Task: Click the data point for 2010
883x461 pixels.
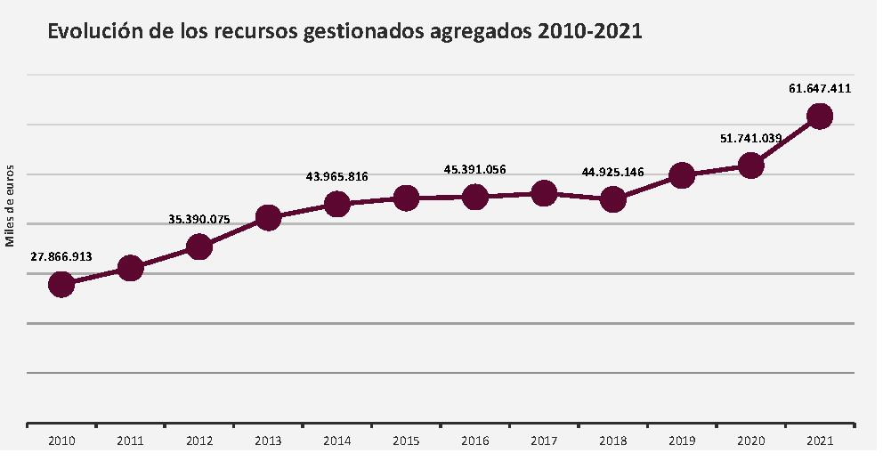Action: click(x=61, y=284)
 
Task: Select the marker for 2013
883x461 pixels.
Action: click(x=268, y=217)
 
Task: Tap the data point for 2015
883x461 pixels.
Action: click(x=406, y=198)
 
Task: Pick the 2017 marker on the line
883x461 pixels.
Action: click(x=544, y=192)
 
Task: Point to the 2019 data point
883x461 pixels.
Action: click(x=682, y=174)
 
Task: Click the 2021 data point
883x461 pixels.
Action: click(x=820, y=116)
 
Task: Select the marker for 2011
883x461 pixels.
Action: click(x=131, y=268)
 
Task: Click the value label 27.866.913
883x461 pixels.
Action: click(x=61, y=256)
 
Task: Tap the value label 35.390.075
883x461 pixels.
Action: click(x=199, y=218)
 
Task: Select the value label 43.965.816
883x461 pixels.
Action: click(x=337, y=177)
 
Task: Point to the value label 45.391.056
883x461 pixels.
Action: click(x=475, y=169)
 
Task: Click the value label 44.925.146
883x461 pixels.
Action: click(x=612, y=172)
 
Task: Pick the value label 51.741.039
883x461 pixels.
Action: click(x=750, y=138)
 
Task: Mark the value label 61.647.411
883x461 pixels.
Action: click(x=820, y=88)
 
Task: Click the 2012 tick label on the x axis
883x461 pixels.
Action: click(x=199, y=441)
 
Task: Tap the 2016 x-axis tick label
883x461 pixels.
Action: click(x=475, y=441)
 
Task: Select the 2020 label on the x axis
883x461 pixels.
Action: click(x=750, y=441)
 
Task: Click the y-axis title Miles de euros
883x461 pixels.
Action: click(x=11, y=205)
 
